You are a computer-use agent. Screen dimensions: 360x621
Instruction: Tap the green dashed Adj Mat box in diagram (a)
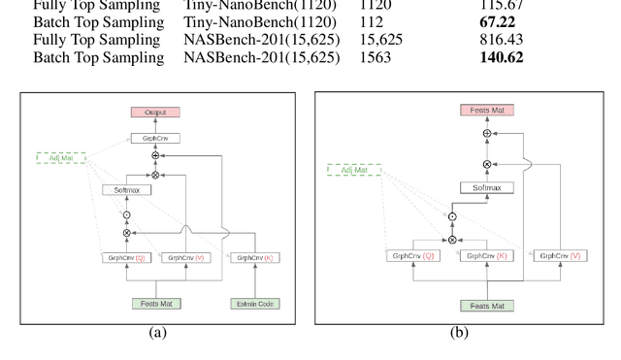tap(62, 157)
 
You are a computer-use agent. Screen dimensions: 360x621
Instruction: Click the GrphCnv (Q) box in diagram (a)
tap(126, 258)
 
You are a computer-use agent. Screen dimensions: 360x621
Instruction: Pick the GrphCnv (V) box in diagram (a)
tap(185, 258)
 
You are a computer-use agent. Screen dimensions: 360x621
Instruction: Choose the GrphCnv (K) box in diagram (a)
tap(255, 258)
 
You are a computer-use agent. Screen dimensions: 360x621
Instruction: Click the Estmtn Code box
tap(255, 304)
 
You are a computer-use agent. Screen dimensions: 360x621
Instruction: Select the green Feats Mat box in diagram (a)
tap(156, 304)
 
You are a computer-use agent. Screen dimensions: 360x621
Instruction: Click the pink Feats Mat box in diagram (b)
tap(487, 111)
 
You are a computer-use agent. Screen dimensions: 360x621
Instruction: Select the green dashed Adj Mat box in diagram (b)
tap(354, 170)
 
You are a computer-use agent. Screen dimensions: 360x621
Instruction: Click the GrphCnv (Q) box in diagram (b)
tap(412, 256)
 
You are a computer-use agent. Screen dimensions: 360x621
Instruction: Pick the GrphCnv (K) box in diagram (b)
tap(486, 256)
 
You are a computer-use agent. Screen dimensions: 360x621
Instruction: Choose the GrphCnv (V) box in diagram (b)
tap(562, 256)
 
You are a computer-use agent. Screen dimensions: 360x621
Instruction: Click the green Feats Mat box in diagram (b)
tap(487, 306)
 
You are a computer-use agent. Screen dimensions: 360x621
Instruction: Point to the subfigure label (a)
tap(156, 333)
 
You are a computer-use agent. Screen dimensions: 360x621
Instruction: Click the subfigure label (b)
tap(459, 333)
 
